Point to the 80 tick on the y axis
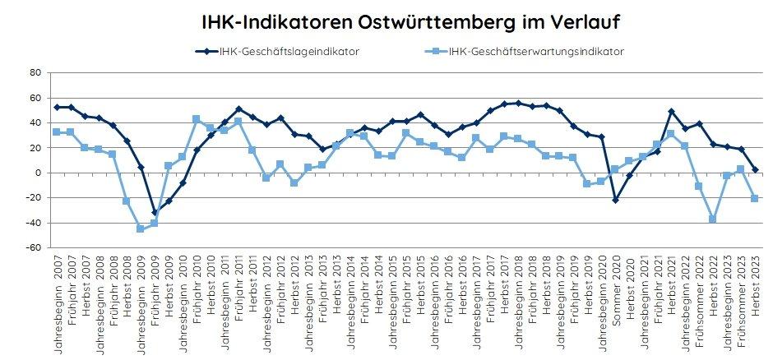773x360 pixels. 35,72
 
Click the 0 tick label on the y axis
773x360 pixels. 38,173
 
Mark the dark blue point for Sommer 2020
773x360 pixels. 615,200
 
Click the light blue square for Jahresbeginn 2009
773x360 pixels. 140,228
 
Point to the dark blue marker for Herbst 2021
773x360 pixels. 671,112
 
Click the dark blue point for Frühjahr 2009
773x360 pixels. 154,213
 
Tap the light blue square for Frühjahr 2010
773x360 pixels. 196,119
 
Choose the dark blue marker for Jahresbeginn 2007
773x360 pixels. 56,107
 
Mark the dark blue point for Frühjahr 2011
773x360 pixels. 238,109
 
